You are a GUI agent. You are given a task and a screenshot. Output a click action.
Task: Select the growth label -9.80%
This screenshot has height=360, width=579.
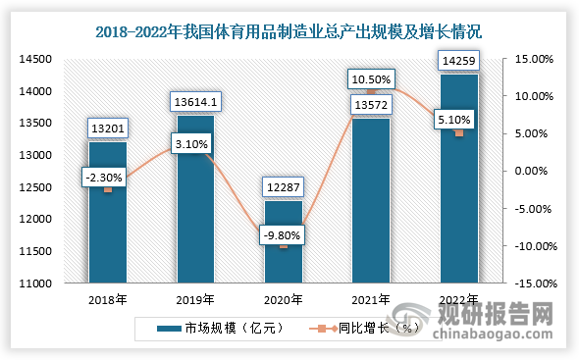pos(284,234)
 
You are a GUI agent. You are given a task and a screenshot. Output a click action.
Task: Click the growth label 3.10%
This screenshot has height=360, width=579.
pos(195,145)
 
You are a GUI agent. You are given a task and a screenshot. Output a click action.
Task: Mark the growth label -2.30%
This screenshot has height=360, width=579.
pos(107,177)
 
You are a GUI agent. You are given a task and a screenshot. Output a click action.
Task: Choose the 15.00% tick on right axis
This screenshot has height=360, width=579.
pos(537,59)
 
